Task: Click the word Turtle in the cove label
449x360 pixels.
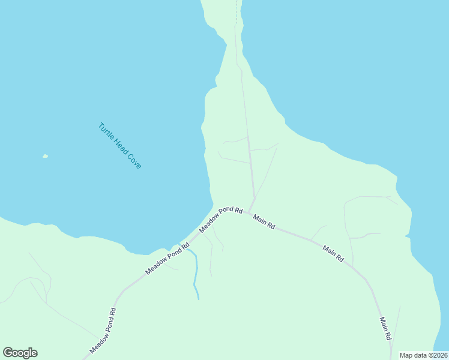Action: [x=106, y=132]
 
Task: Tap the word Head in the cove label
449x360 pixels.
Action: [x=119, y=146]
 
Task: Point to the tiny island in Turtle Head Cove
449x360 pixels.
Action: [x=45, y=157]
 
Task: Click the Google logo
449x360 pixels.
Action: [x=20, y=353]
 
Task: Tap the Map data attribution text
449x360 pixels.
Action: [x=424, y=355]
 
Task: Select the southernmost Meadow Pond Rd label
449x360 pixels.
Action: [x=103, y=331]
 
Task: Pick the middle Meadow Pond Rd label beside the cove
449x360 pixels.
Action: [x=167, y=258]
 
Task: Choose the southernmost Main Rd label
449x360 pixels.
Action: [x=385, y=328]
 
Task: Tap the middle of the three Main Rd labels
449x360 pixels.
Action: [x=333, y=253]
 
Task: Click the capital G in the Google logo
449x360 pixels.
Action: [x=8, y=353]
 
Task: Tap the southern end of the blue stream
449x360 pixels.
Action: [x=197, y=298]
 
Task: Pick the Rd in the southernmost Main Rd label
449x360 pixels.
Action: [x=388, y=335]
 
